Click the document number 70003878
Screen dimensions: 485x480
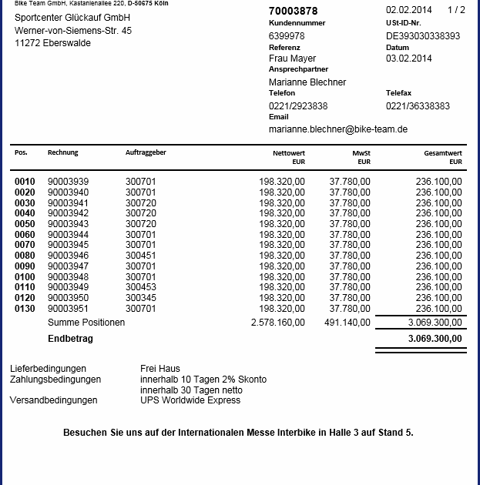point(293,11)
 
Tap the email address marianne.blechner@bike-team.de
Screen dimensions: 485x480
point(337,129)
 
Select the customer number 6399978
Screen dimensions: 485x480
point(286,35)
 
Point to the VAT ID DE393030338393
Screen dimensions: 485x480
point(423,35)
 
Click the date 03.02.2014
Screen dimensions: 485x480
point(408,59)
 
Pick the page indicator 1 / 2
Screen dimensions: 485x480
point(456,10)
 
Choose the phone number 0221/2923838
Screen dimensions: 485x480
point(297,105)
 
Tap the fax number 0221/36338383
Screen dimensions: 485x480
point(418,105)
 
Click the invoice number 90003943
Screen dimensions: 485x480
point(68,223)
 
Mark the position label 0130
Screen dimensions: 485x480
point(25,309)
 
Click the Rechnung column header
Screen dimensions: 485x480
point(62,152)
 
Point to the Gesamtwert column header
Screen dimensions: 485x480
point(443,153)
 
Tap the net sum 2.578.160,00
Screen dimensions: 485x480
point(277,323)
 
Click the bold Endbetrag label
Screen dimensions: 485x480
point(71,338)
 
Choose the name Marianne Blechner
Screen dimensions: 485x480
point(307,82)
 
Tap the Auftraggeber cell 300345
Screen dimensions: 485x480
point(140,298)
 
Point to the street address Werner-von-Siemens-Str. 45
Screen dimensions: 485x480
point(72,31)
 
